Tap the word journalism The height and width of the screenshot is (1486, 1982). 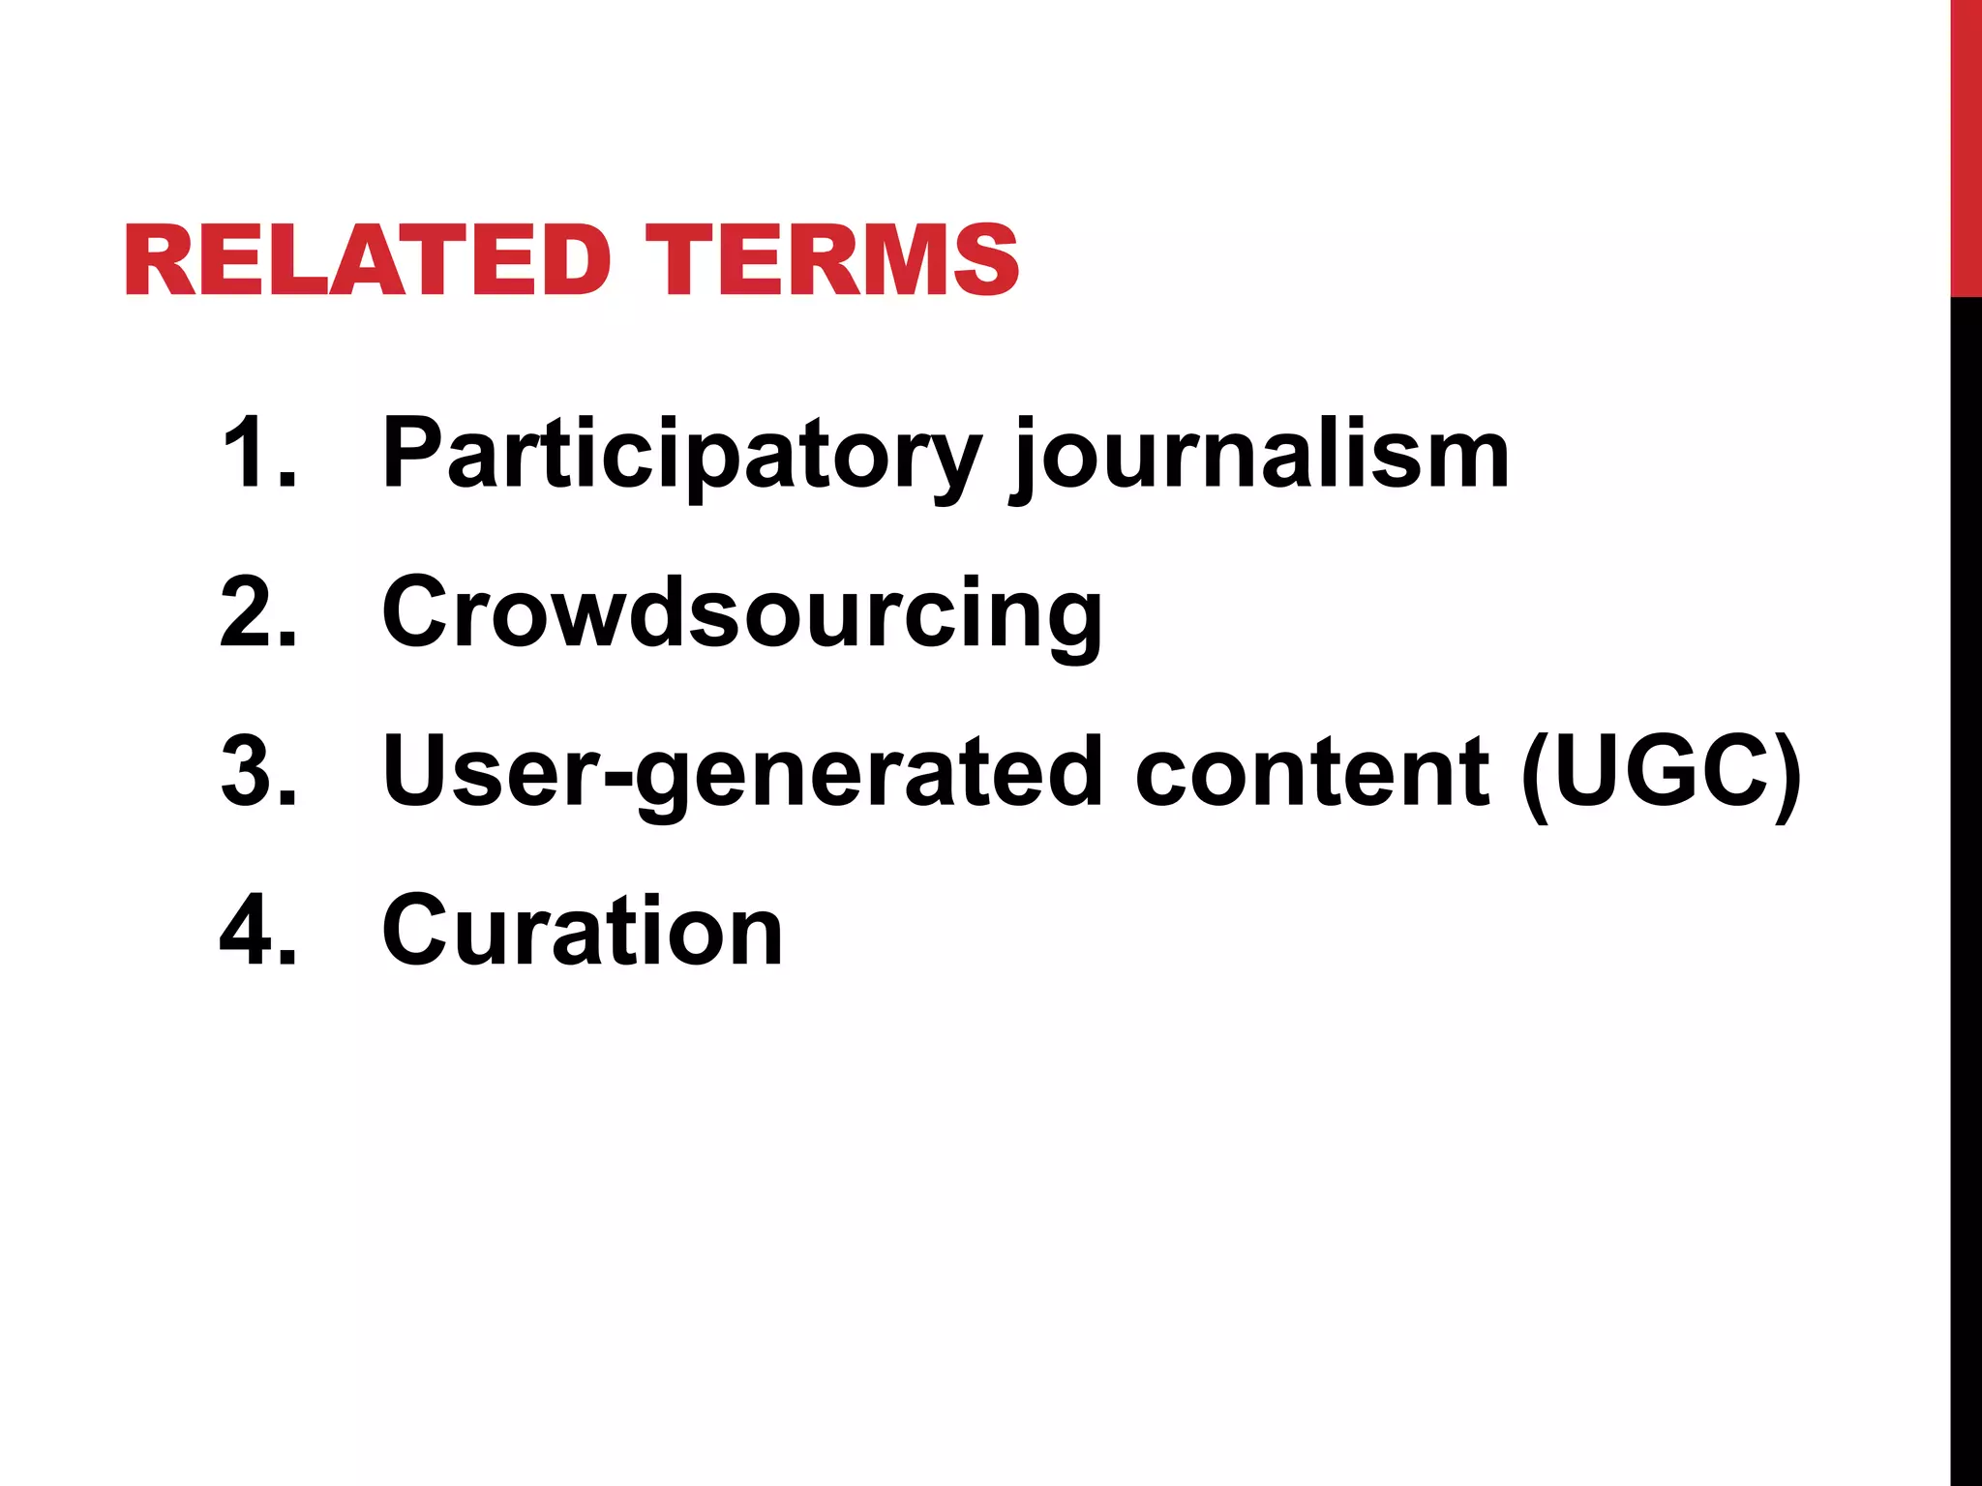1258,455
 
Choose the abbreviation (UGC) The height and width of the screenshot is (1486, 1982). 1661,774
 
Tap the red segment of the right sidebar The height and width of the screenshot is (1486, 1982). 1966,145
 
